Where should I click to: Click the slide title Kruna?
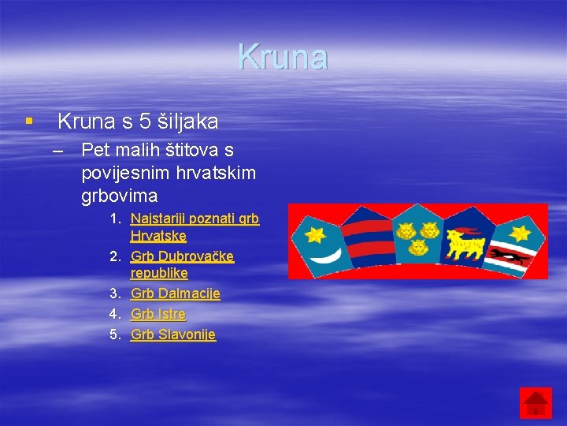(283, 57)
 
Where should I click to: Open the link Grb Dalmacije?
(175, 293)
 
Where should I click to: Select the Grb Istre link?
(158, 314)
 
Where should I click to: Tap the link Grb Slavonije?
(173, 334)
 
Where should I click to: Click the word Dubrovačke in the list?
(196, 256)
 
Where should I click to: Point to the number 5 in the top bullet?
(145, 121)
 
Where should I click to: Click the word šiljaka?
(189, 121)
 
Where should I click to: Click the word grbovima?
(119, 194)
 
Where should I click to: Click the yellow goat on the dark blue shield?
(465, 242)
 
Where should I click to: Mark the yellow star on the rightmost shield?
(519, 234)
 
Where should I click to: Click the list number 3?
(114, 293)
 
